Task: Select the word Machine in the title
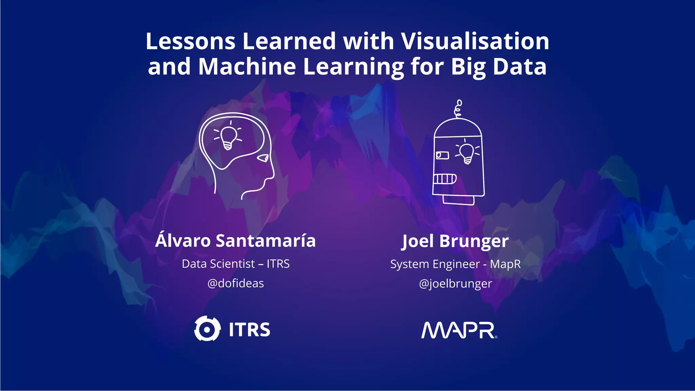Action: pos(247,67)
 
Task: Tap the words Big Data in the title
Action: pos(499,67)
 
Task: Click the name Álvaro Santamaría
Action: pos(236,241)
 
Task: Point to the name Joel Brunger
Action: pos(455,241)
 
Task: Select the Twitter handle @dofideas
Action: pos(236,283)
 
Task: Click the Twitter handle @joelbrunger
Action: pos(455,284)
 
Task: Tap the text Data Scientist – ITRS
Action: pos(236,264)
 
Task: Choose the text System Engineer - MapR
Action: pos(455,264)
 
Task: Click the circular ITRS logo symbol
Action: pos(207,329)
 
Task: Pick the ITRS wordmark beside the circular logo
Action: pos(249,330)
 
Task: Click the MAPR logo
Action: pos(459,330)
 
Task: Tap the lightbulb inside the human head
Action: pos(228,137)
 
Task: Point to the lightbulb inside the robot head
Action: pos(467,153)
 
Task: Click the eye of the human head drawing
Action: pos(263,158)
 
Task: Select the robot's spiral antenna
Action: pos(458,109)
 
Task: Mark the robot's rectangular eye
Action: pos(442,155)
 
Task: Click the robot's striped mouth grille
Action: pos(445,179)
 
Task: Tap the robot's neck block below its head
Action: pos(459,200)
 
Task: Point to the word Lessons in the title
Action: pos(190,41)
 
